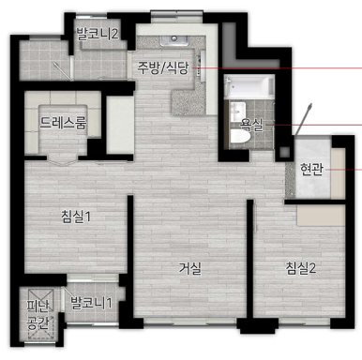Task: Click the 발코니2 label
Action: click(98, 34)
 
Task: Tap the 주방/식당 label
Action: click(163, 67)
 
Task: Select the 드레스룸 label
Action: click(63, 122)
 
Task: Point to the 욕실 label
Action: click(251, 124)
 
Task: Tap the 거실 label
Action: click(191, 268)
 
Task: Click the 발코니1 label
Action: click(91, 303)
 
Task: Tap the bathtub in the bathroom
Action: click(249, 91)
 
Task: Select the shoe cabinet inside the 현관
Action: click(315, 214)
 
